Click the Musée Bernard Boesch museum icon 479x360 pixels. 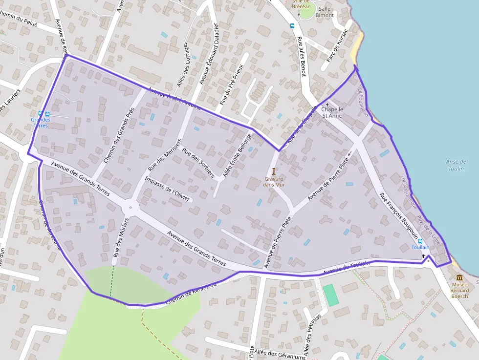pyautogui.click(x=459, y=277)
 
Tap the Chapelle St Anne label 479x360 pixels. pyautogui.click(x=332, y=112)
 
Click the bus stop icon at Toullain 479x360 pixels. pyautogui.click(x=420, y=241)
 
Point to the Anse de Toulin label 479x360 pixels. pyautogui.click(x=456, y=165)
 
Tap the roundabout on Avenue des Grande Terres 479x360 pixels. pyautogui.click(x=130, y=207)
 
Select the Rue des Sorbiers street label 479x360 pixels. pyautogui.click(x=198, y=163)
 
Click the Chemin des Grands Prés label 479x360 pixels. pyautogui.click(x=119, y=135)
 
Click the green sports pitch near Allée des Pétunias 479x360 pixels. pyautogui.click(x=331, y=295)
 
